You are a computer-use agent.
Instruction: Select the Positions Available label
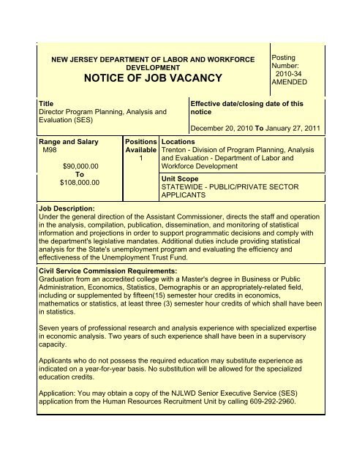pos(141,143)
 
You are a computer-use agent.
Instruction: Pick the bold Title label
pos(45,104)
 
